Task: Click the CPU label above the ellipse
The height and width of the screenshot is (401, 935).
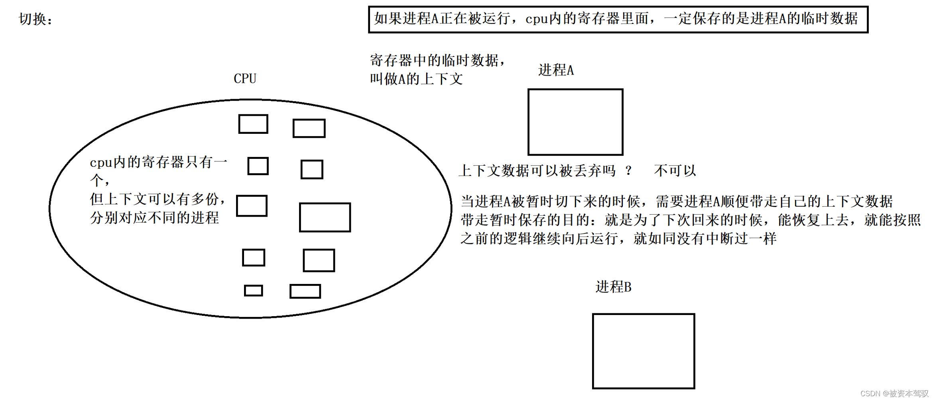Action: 245,78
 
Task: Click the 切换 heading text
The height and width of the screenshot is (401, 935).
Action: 35,19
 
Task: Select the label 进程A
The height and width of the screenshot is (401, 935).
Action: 556,70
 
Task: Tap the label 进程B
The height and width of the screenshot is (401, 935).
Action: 613,287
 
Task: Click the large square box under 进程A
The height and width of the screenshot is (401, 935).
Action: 575,122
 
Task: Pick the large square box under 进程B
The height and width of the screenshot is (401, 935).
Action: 643,351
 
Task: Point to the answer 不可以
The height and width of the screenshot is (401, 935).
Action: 675,171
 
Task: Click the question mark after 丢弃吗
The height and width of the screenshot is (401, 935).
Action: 629,171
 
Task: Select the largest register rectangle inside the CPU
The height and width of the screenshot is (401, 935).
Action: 325,217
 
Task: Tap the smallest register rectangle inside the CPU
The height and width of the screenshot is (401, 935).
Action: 253,290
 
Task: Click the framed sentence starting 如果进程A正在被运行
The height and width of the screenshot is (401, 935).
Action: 618,19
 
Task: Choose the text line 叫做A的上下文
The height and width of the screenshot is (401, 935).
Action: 416,79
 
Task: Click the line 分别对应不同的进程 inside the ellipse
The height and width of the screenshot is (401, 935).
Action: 154,218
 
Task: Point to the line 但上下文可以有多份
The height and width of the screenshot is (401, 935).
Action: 157,199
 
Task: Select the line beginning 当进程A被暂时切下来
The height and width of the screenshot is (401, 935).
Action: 676,201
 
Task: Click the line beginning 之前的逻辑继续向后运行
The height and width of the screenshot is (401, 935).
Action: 618,239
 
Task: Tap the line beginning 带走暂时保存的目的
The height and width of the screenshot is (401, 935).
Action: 690,220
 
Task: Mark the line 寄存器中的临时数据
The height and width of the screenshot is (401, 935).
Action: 437,61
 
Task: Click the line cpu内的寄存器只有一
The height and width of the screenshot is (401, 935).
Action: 158,162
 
